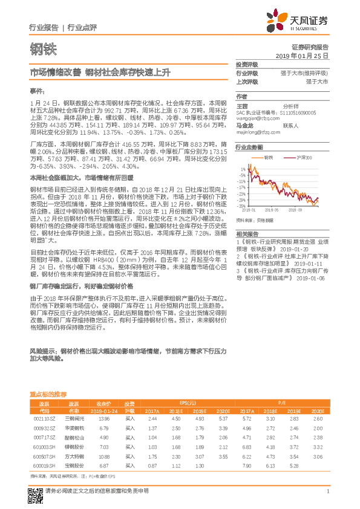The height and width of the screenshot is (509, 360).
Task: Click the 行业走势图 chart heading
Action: pos(249,147)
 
